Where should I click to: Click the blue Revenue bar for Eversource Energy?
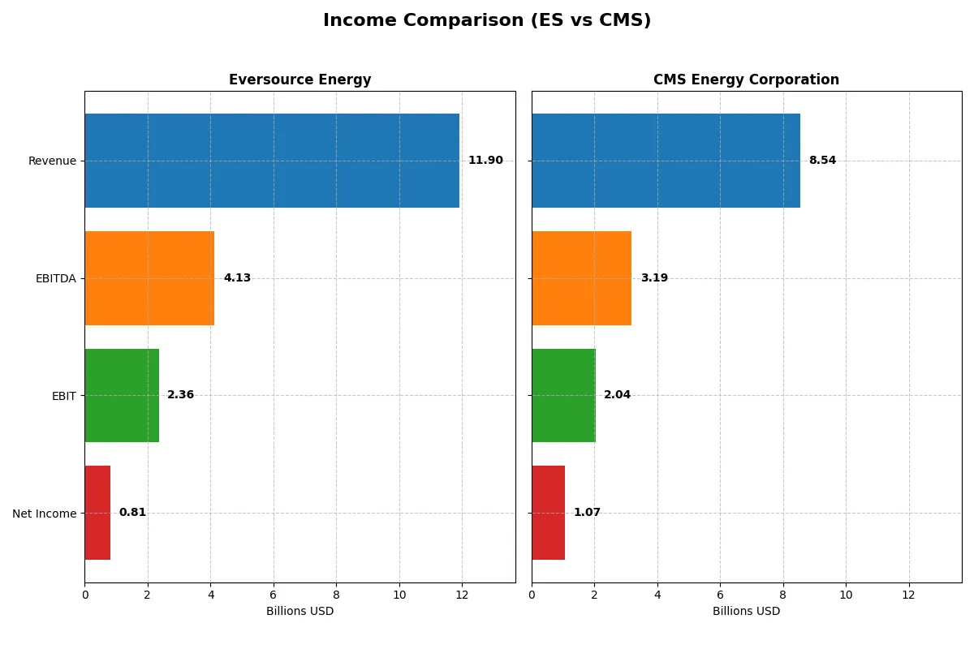272,161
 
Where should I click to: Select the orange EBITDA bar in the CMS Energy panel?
581,278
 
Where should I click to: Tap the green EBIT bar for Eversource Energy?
122,395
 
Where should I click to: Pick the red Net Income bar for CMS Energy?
548,513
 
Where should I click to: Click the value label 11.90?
485,161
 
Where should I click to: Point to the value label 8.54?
822,161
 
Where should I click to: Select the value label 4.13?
237,278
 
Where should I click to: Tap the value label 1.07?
587,513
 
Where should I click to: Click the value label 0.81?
132,513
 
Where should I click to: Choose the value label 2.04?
617,395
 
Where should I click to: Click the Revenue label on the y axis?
52,161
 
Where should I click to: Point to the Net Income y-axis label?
45,514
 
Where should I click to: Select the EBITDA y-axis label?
55,278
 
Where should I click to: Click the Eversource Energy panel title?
300,80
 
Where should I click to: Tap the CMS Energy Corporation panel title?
746,80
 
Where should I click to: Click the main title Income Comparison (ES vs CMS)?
487,20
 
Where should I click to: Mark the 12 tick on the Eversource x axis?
462,595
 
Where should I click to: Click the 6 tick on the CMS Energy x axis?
720,595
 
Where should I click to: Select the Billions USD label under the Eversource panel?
300,611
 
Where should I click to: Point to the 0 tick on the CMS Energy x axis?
532,595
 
